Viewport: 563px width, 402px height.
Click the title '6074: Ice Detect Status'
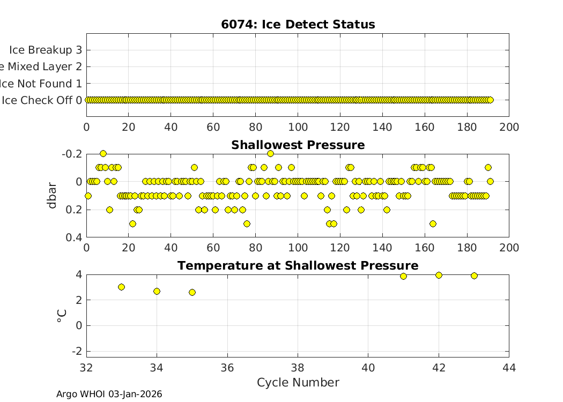click(x=298, y=25)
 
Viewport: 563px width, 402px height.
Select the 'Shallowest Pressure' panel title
click(x=298, y=145)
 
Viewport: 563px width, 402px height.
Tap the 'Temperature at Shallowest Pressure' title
click(x=298, y=266)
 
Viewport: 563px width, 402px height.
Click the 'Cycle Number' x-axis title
click(x=298, y=382)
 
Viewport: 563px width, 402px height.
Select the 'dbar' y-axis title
click(x=53, y=195)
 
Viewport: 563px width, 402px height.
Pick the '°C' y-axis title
click(x=62, y=315)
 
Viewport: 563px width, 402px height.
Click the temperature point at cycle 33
click(x=121, y=287)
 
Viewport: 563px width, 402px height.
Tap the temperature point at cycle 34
click(x=157, y=291)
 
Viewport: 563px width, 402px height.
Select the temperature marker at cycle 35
click(x=192, y=292)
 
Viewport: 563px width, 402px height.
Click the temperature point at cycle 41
click(x=403, y=276)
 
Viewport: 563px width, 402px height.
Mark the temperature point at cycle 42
click(x=439, y=275)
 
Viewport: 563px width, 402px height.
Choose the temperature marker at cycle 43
click(x=474, y=276)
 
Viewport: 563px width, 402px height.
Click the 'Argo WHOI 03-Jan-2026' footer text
click(x=109, y=394)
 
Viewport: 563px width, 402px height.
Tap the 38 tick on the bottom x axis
click(x=298, y=367)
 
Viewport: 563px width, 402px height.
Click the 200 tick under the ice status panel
click(x=509, y=127)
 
